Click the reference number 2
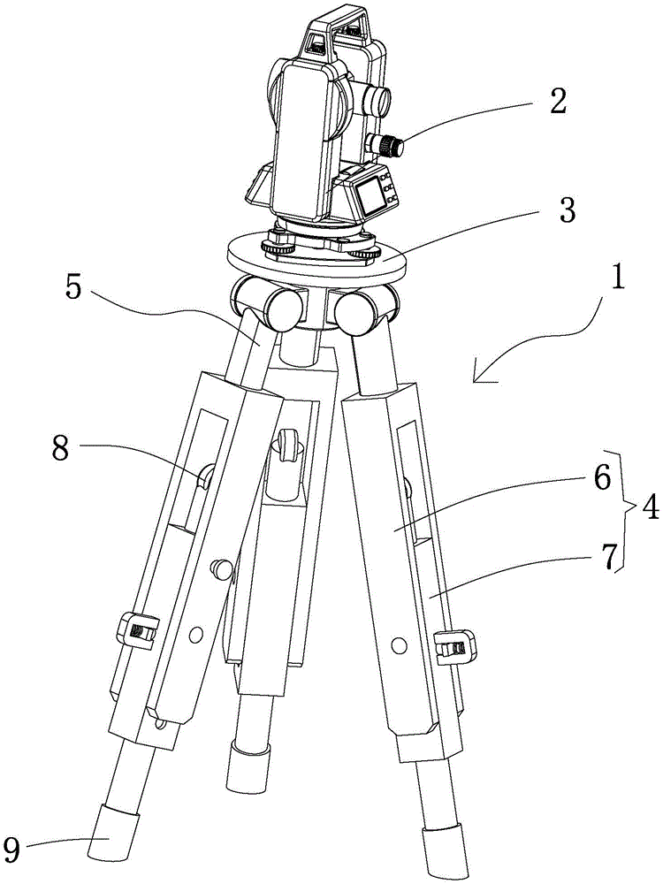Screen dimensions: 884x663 (556, 102)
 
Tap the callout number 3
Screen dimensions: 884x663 (567, 210)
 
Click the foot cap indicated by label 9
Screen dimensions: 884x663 (110, 832)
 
